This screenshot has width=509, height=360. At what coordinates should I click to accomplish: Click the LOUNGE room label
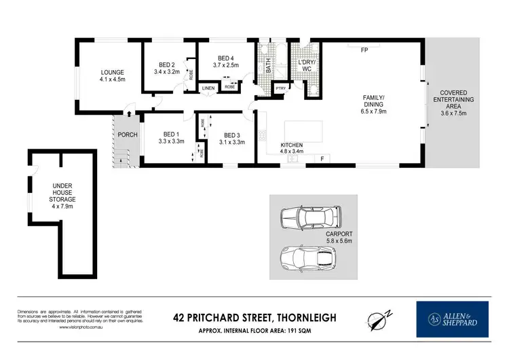tap(112, 72)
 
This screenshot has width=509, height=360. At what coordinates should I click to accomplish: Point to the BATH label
tap(269, 66)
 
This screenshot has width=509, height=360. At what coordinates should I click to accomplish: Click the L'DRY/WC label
tap(307, 66)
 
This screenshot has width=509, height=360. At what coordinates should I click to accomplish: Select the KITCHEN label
tap(293, 145)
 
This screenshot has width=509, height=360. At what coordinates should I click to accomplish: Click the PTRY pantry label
tap(280, 88)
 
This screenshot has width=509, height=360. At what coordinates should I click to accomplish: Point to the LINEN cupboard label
tap(208, 88)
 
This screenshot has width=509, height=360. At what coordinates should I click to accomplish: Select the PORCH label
tap(128, 134)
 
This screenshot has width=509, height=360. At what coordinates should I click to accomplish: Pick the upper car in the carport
tap(310, 217)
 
